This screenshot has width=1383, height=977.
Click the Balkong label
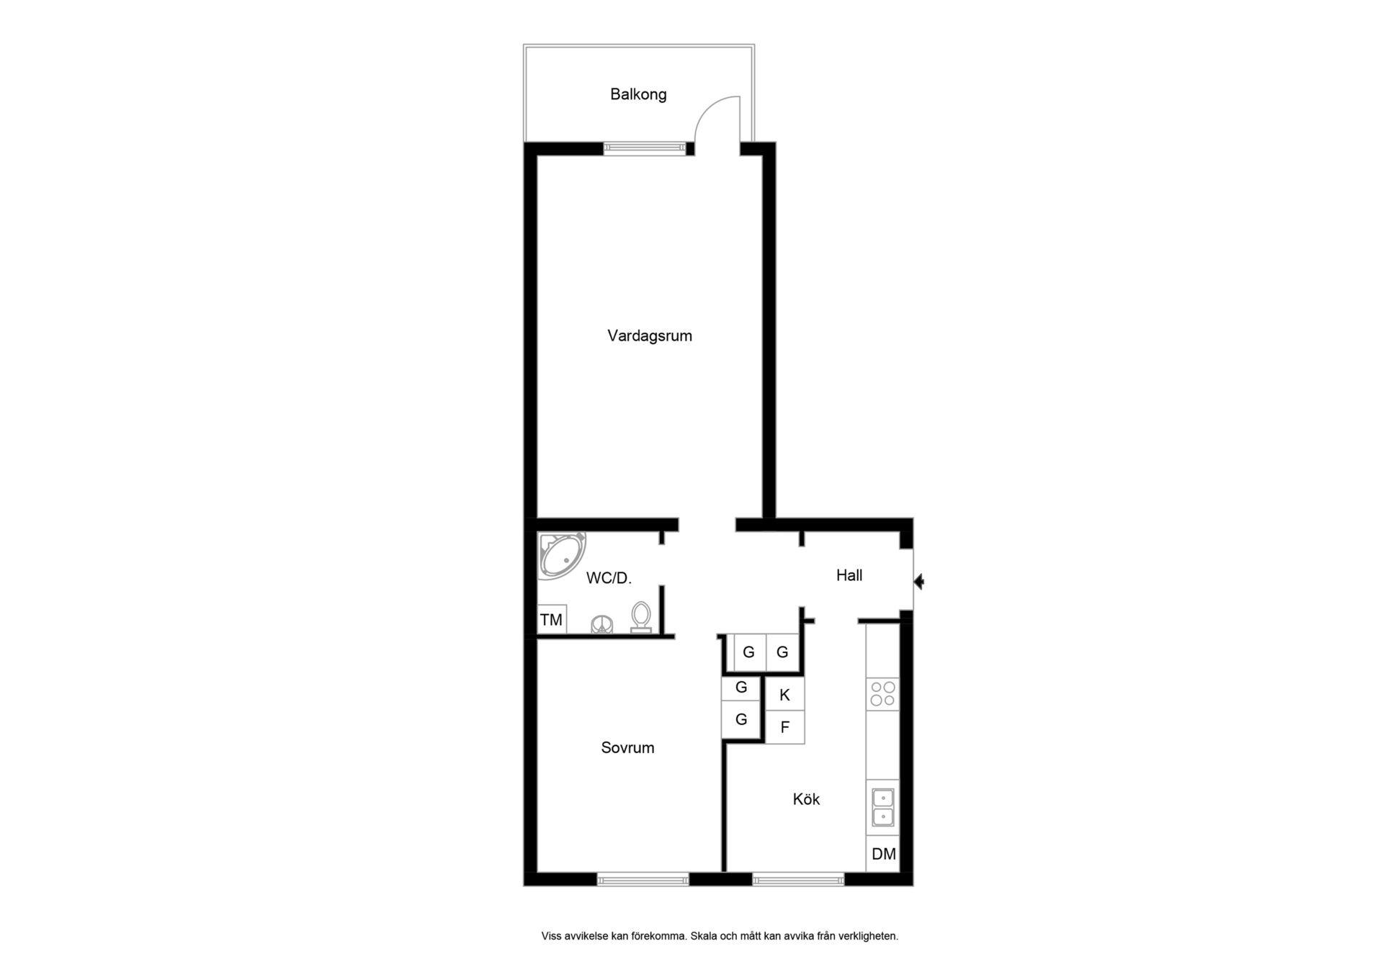coord(638,94)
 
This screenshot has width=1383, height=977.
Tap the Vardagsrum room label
coord(650,336)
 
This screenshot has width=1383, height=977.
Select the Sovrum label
coord(627,748)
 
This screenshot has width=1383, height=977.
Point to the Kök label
coord(806,799)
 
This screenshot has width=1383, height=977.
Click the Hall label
coord(849,575)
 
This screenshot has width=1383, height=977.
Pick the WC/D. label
coord(609,578)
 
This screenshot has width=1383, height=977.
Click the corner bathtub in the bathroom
coord(561,555)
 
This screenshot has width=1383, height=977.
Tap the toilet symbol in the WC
coord(641,618)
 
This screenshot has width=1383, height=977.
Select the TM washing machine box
coord(552,620)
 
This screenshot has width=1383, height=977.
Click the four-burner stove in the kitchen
coord(882,694)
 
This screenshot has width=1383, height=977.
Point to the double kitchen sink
coord(882,807)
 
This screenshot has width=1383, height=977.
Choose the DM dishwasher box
coord(883,854)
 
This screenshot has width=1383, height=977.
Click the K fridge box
coord(785,695)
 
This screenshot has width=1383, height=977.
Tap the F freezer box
coord(785,727)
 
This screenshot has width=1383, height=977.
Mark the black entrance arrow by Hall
coord(918,582)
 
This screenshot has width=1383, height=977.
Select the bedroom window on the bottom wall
coord(643,879)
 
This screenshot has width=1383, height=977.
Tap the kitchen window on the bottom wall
coord(798,879)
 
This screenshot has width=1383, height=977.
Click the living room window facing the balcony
coord(645,148)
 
